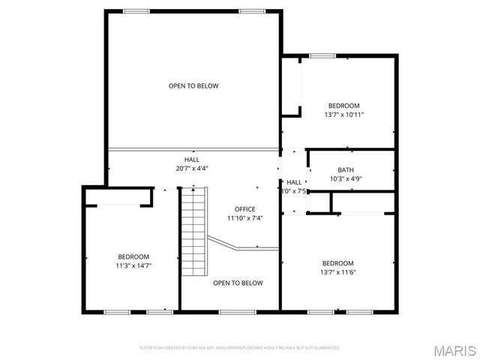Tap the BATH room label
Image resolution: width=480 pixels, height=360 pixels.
pos(345,169)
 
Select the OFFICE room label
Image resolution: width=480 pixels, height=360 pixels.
pos(245,209)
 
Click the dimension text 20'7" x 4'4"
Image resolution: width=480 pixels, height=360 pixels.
pos(192,169)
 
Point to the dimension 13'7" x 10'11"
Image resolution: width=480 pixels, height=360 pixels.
pos(344,115)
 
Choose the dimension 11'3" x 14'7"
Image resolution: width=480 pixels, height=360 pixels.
pos(133,265)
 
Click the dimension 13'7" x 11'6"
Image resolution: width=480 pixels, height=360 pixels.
pos(337,271)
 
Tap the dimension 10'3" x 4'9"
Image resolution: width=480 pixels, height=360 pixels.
pos(346,178)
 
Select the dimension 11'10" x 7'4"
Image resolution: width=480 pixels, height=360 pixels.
pos(245,218)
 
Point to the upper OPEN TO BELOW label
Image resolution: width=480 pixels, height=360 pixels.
pos(193,86)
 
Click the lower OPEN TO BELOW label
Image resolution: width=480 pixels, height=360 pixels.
pos(238,283)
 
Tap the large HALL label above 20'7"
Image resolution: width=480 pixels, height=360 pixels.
pos(192,160)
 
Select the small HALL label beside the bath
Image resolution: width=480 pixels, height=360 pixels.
pos(294,182)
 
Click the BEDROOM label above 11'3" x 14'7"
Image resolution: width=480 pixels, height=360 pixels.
pos(133,256)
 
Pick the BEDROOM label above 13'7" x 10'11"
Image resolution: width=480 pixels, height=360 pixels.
pos(344,106)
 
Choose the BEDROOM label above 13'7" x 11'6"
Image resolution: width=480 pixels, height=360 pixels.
pos(337,262)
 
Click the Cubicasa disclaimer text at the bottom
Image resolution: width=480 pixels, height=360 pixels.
pos(240,348)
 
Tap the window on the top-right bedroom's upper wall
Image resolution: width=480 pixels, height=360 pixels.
pos(322,55)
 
